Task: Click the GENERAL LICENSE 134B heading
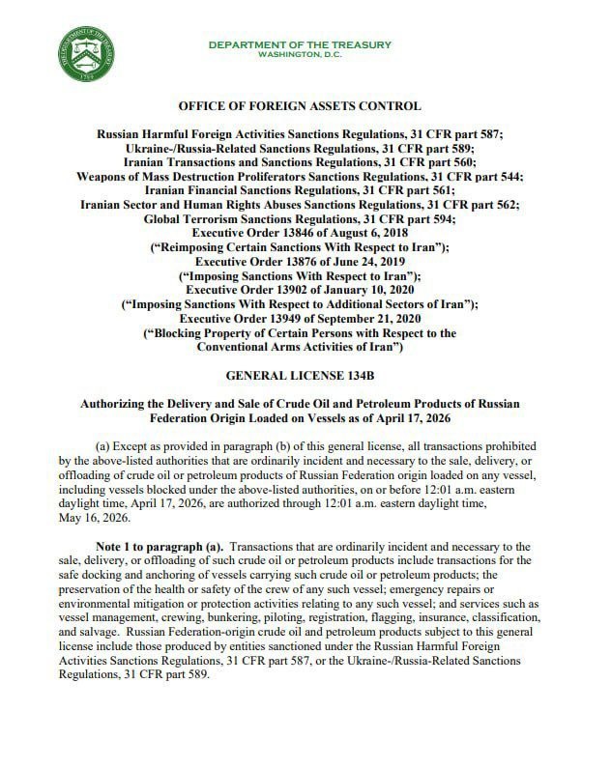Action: coord(305,371)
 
